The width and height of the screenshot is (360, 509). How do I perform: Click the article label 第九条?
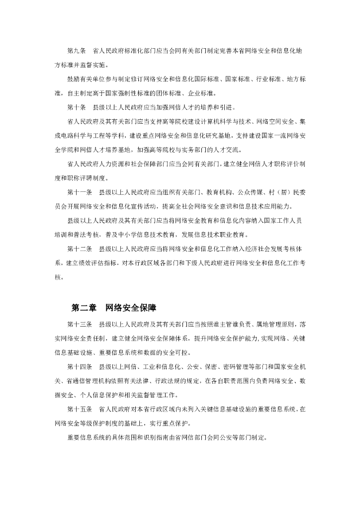click(x=77, y=51)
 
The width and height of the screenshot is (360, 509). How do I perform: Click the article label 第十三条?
click(x=80, y=325)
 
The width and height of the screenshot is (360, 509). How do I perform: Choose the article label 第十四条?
click(x=80, y=368)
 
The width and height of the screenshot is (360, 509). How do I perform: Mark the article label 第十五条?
click(x=80, y=410)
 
